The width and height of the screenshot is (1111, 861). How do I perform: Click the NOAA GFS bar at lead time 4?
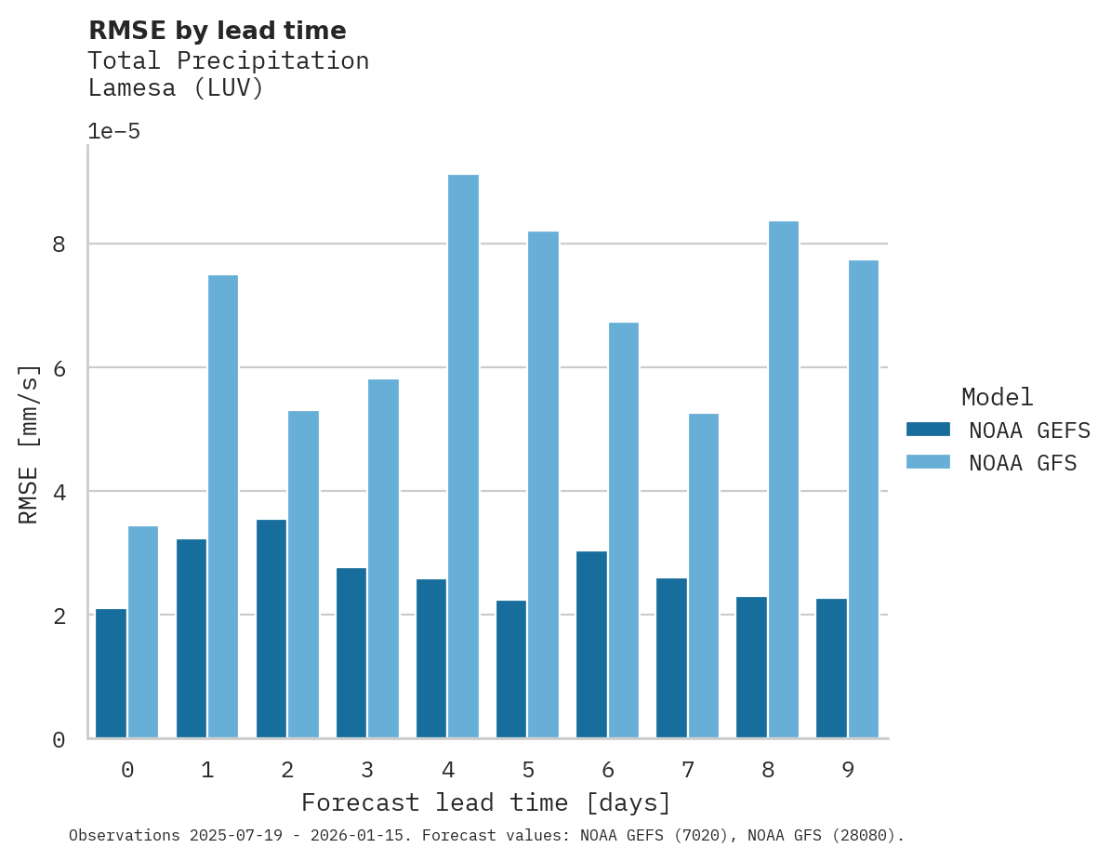[463, 457]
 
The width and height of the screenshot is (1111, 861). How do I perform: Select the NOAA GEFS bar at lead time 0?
[111, 673]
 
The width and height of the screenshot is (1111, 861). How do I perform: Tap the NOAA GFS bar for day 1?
[223, 507]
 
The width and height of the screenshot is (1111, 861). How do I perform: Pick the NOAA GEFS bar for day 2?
[271, 629]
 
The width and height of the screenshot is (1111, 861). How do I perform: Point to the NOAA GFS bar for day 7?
[703, 576]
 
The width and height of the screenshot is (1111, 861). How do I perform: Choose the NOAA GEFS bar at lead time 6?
[591, 644]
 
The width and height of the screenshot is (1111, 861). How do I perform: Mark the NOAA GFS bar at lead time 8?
[783, 480]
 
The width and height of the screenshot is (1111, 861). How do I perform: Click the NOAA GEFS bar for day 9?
[831, 668]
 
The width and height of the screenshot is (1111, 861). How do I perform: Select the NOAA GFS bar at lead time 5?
[543, 484]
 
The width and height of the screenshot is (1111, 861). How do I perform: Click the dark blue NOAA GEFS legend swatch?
[928, 430]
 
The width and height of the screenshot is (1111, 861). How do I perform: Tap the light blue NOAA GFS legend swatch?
[928, 462]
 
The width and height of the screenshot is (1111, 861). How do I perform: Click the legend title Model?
[997, 398]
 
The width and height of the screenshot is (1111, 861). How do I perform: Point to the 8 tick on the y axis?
[59, 245]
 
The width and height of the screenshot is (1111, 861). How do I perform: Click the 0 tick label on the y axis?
[59, 740]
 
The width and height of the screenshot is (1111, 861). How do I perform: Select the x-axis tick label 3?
[367, 770]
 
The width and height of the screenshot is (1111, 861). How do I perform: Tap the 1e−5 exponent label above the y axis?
[113, 132]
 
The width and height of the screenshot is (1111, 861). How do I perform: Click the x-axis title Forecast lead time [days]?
[485, 802]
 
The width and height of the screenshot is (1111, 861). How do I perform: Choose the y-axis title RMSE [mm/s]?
[29, 444]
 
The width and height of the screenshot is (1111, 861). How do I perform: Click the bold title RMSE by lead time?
[217, 31]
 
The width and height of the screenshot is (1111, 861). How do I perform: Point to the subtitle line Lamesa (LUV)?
[176, 88]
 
